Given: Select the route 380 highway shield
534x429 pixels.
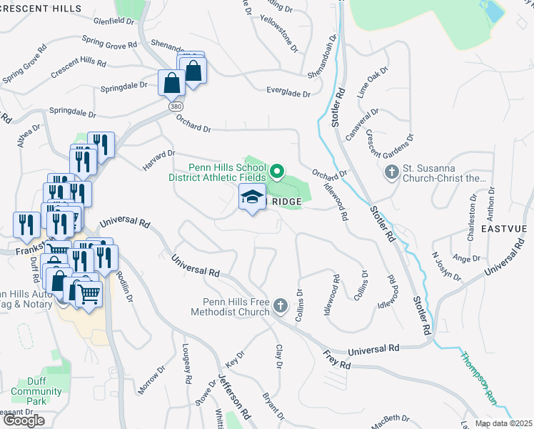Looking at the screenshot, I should [x=176, y=106].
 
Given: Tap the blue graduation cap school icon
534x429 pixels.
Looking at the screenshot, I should [x=251, y=197].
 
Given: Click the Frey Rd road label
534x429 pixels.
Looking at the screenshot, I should [x=336, y=360].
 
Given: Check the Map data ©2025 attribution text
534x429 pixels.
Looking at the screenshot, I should [x=503, y=423].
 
